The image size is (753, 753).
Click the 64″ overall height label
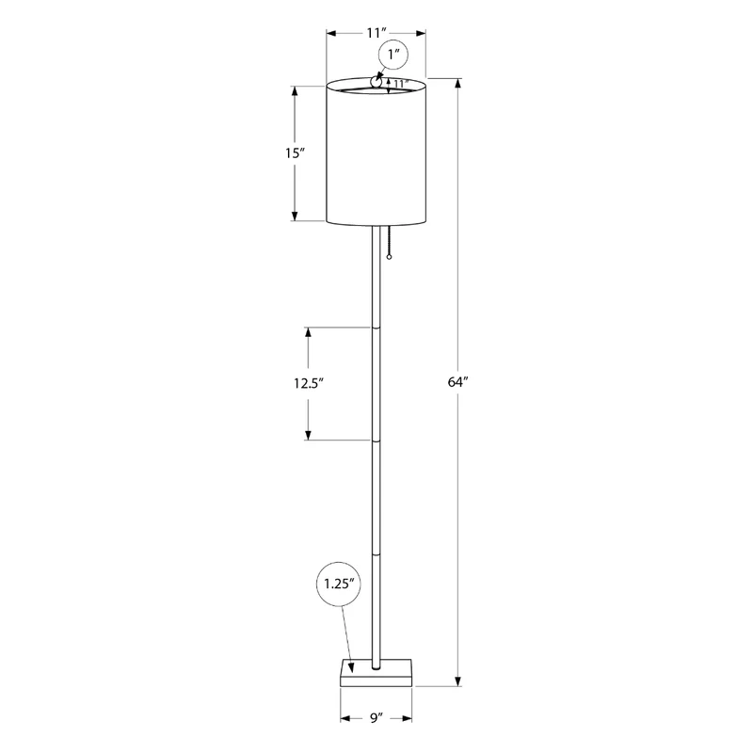tap(457, 382)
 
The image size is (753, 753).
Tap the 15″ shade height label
tap(296, 153)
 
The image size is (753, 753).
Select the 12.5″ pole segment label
tap(309, 383)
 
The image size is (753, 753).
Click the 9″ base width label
tap(376, 718)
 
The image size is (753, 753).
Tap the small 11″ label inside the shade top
tap(399, 84)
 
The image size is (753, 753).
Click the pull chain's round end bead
tap(389, 257)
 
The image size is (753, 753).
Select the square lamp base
tap(376, 673)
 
